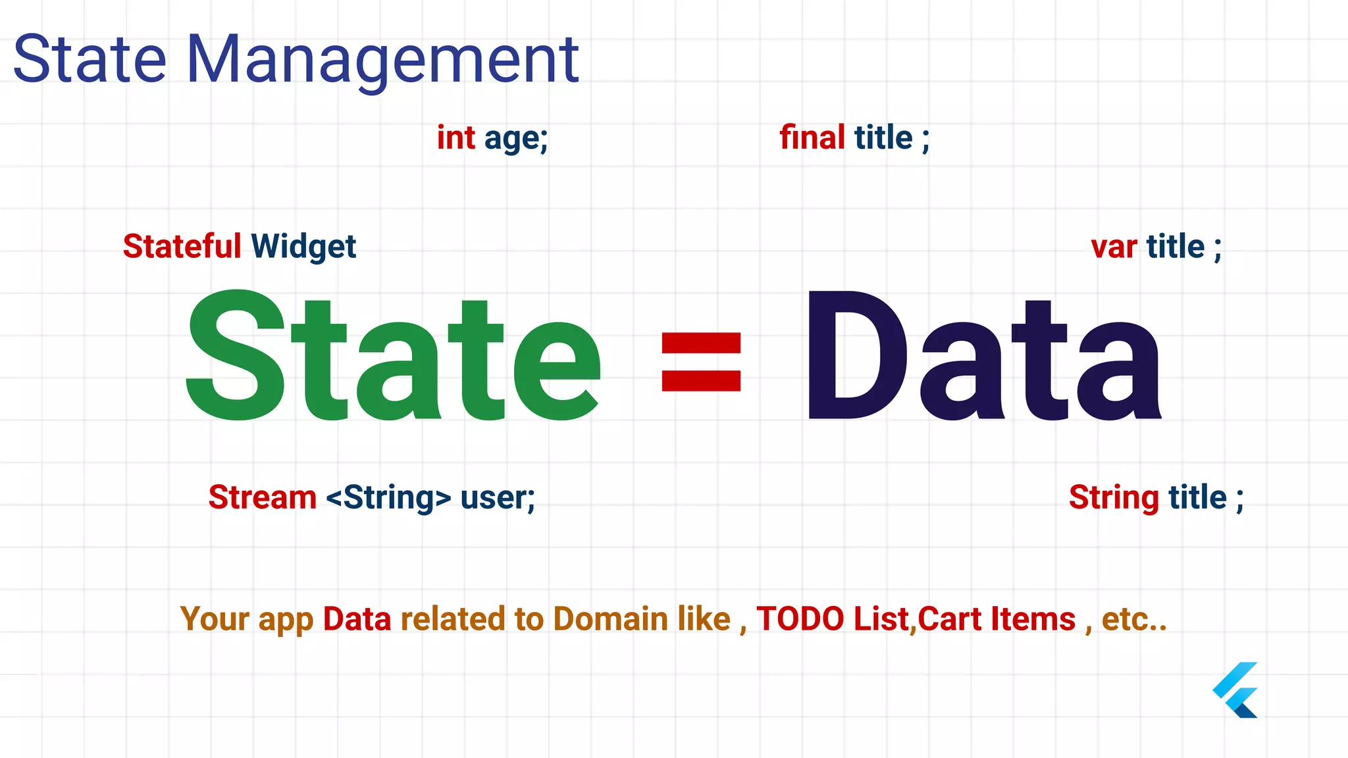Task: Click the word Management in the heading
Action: (382, 61)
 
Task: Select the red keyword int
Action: (455, 138)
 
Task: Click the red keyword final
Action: (812, 138)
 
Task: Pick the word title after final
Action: (883, 138)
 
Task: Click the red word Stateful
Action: (182, 247)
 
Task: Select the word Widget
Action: (303, 247)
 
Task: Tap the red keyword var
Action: (1114, 247)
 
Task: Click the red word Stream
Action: (262, 497)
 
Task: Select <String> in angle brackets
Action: (388, 498)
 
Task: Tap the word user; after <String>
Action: (498, 498)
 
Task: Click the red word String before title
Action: (1114, 498)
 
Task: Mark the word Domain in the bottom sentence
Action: (610, 619)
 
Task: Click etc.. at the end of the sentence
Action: (1134, 619)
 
